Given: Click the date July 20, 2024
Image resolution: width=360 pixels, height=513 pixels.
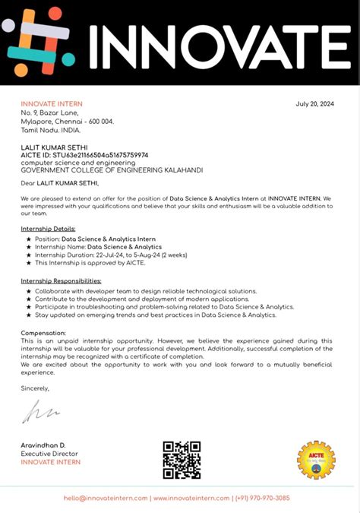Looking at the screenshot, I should click(x=314, y=103).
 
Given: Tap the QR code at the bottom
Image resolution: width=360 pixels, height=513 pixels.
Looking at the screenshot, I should click(x=182, y=460).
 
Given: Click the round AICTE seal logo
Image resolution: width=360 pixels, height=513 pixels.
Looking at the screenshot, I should click(x=315, y=459).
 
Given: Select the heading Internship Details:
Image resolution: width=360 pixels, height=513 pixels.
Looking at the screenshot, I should click(x=48, y=228).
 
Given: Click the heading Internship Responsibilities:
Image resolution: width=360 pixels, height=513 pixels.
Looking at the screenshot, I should click(x=61, y=281).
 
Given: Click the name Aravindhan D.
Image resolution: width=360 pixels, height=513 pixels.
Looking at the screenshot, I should click(x=43, y=445).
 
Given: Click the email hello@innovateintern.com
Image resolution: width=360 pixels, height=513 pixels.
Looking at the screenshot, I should click(x=106, y=498).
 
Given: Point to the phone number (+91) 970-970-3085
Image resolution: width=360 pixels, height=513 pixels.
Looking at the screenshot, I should click(x=263, y=498).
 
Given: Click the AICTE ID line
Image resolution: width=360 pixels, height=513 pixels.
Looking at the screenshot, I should click(x=84, y=155).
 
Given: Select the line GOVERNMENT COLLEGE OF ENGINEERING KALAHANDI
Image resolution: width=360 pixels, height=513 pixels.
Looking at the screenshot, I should click(x=112, y=170).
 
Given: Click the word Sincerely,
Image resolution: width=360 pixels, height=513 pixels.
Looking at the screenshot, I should click(x=35, y=388).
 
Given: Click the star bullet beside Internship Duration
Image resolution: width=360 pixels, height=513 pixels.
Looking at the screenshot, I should click(x=29, y=255).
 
